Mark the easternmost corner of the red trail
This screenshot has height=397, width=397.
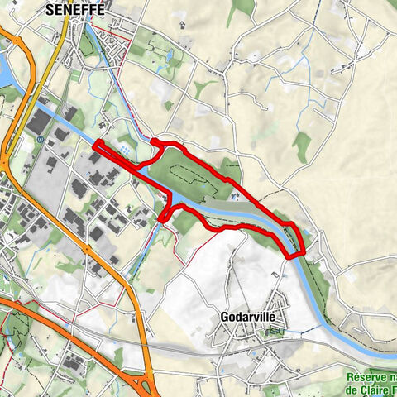click(305, 252)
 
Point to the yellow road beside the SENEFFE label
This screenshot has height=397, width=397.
click(56, 33)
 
